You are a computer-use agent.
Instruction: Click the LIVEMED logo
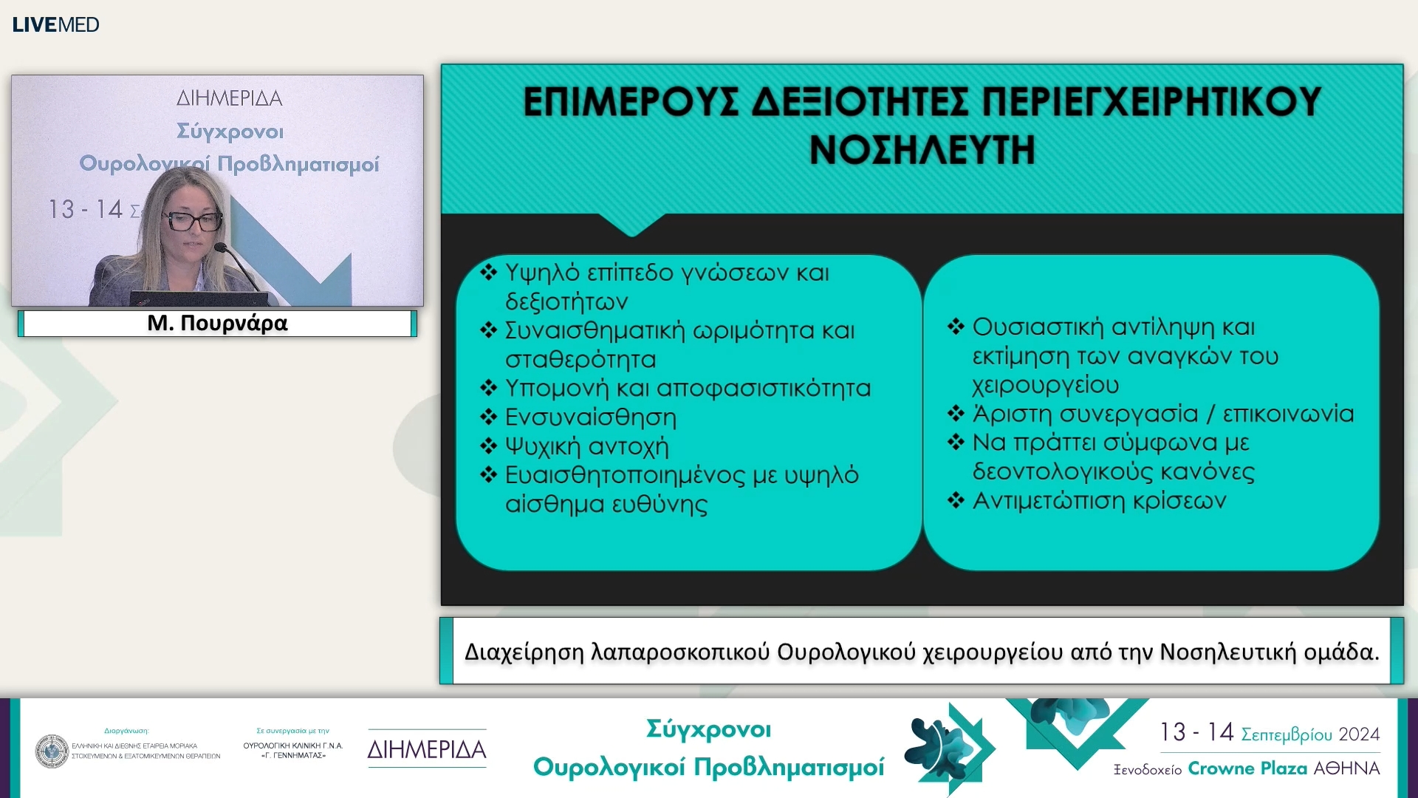point(55,24)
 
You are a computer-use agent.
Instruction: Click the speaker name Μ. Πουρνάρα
point(217,323)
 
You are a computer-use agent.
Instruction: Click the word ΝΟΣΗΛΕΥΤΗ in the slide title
point(922,150)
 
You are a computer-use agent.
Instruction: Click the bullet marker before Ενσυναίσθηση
point(488,417)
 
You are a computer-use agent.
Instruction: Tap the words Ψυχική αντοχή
point(586,446)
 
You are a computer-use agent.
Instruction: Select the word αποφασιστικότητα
point(764,388)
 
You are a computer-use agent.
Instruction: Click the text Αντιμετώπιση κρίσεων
point(1099,501)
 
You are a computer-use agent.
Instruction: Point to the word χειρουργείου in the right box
point(1045,385)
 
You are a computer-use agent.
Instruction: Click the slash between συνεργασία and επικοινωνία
point(1210,414)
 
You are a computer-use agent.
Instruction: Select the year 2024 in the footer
point(1359,734)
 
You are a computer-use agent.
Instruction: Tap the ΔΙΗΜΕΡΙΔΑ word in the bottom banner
point(427,749)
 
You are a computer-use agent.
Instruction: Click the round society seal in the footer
point(52,751)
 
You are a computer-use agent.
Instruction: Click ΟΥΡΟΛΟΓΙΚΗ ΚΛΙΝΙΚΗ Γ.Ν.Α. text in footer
point(293,746)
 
